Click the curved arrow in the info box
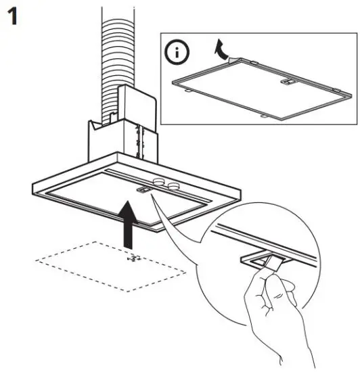pyautogui.click(x=218, y=49)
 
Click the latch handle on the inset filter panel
pyautogui.click(x=288, y=81)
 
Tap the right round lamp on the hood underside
pyautogui.click(x=175, y=184)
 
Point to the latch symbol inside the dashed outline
pyautogui.click(x=133, y=258)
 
